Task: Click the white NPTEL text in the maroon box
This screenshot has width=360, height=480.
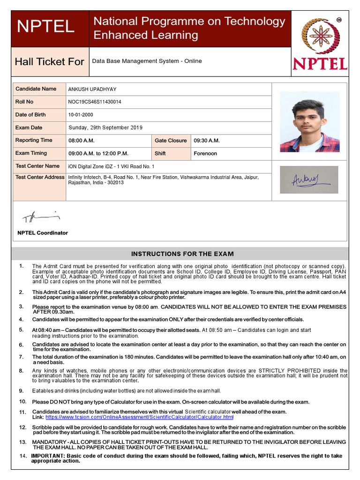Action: click(x=45, y=27)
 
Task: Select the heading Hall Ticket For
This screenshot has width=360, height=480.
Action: click(x=49, y=62)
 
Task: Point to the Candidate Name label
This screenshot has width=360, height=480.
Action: click(x=36, y=89)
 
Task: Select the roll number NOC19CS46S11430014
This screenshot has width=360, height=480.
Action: click(x=95, y=102)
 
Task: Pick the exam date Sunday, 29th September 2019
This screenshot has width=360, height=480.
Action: click(x=105, y=127)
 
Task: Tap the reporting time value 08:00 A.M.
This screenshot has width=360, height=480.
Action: click(x=82, y=141)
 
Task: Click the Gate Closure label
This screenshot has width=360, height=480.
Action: click(x=171, y=141)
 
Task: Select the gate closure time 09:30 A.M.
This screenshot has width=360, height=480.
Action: click(x=207, y=141)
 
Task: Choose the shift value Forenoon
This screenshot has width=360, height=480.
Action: click(x=205, y=153)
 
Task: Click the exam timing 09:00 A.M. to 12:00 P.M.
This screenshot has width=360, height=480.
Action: click(x=98, y=153)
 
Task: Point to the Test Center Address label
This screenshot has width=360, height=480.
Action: click(x=40, y=177)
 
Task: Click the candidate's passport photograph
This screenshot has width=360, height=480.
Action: click(x=309, y=121)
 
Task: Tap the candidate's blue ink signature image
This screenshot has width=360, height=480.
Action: click(x=309, y=180)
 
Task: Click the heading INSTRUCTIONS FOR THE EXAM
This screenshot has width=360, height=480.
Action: click(x=182, y=254)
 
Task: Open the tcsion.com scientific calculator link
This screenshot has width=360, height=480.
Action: click(x=139, y=417)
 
